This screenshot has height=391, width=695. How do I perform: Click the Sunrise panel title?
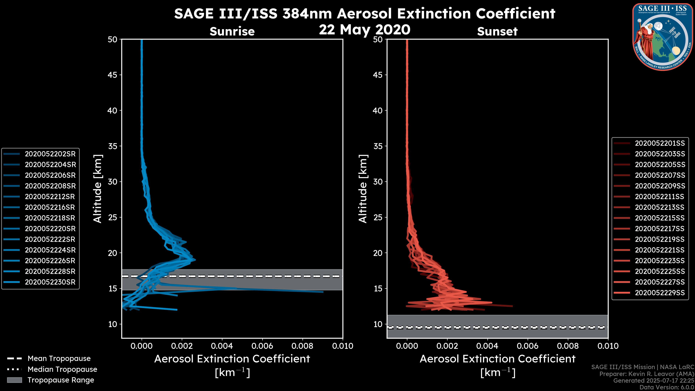click(x=232, y=31)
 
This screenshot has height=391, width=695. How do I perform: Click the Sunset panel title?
click(x=497, y=31)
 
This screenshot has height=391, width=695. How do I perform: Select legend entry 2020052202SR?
click(x=50, y=154)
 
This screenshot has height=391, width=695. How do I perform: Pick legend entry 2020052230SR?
click(x=50, y=282)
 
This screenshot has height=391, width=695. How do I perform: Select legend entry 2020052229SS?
click(x=660, y=293)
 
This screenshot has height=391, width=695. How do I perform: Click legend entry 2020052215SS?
click(x=660, y=218)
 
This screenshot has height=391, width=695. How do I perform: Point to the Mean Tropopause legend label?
click(x=59, y=358)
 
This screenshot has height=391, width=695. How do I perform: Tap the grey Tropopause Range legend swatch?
click(x=14, y=380)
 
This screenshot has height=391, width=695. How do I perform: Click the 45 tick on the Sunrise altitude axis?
click(x=113, y=75)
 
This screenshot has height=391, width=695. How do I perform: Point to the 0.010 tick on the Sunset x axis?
click(x=608, y=346)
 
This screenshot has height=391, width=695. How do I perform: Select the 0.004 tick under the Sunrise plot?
click(x=222, y=346)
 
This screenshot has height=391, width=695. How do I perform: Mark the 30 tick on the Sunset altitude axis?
click(x=378, y=182)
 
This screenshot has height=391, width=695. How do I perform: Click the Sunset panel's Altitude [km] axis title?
click(x=363, y=189)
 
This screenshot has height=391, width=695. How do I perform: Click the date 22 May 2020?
click(x=365, y=30)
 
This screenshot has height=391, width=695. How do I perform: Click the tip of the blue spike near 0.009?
click(x=323, y=292)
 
